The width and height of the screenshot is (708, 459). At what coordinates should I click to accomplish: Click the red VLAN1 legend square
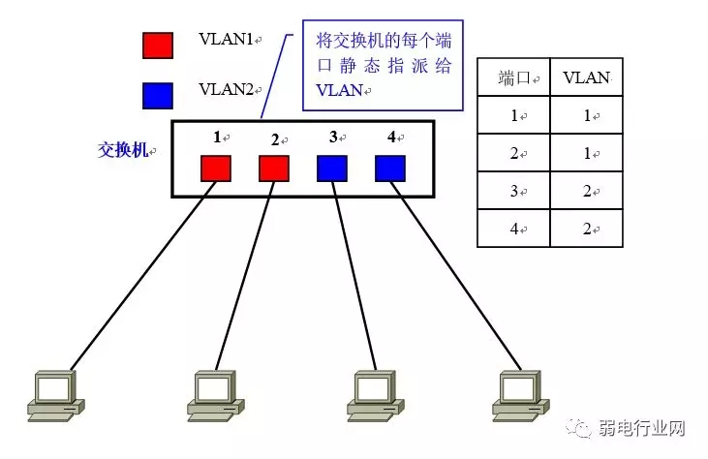point(158,46)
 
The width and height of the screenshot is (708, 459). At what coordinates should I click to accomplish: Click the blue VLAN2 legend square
point(158,95)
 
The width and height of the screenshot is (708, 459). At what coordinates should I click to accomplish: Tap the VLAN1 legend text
point(226,39)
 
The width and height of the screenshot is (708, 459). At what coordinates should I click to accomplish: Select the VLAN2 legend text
point(226,89)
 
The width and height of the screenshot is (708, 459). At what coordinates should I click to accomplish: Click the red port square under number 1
point(216,168)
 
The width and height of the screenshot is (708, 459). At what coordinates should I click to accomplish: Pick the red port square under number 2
point(274,168)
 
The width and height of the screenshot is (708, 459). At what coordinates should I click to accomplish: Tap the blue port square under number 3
point(332,168)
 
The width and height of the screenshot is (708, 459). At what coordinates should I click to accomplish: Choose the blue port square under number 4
point(390,168)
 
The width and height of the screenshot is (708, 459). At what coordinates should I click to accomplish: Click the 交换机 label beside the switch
point(123,150)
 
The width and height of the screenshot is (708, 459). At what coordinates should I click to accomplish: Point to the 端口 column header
point(513,76)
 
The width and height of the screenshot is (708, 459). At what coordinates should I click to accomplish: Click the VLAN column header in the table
point(586,76)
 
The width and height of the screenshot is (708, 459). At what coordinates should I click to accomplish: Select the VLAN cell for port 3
point(586,191)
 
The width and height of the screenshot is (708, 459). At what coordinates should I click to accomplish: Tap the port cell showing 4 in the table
point(513,229)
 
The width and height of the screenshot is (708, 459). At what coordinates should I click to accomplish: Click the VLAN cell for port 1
point(586,115)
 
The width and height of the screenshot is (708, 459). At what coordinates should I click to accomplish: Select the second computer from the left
point(209,395)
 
